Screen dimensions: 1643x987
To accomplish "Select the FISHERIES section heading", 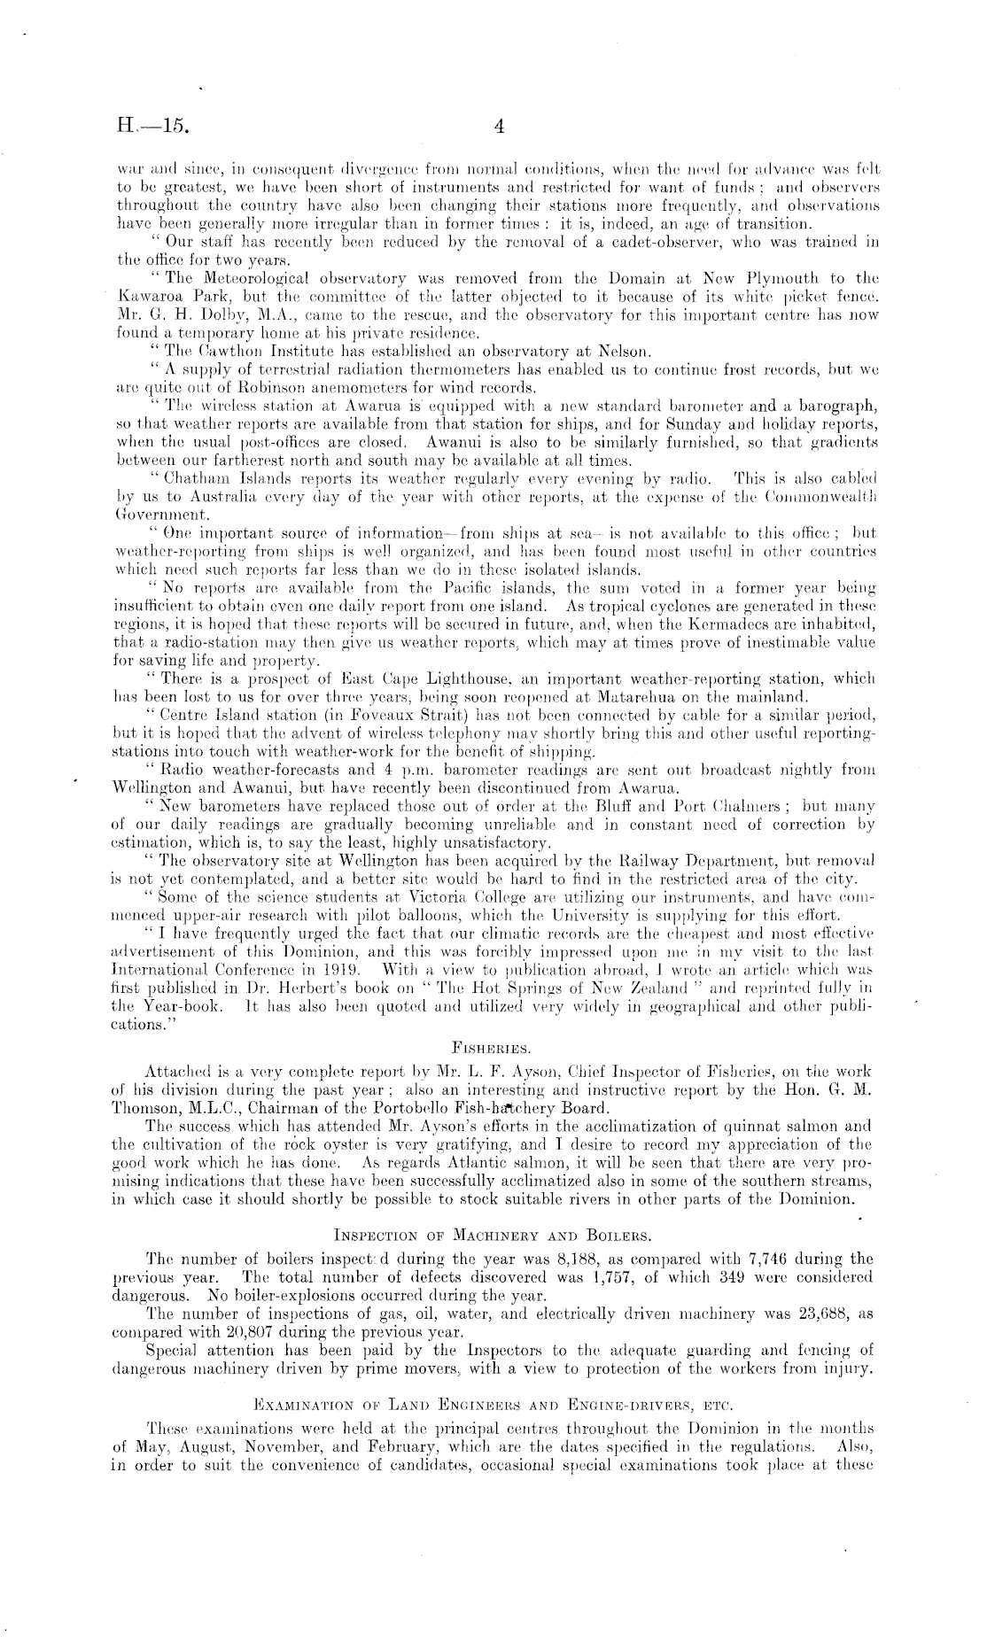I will [x=493, y=1048].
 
